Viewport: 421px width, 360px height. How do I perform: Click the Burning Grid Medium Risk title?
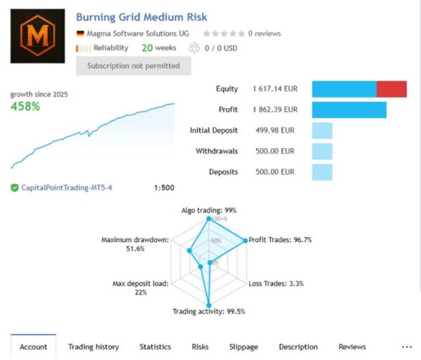coord(141,17)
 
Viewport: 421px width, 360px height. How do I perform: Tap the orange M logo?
coord(40,34)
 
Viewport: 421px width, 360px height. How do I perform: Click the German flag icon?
coord(80,33)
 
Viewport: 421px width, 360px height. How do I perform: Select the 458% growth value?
coord(25,107)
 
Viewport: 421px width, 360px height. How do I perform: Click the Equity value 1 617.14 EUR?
coord(275,89)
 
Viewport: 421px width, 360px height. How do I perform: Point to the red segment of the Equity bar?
coord(392,89)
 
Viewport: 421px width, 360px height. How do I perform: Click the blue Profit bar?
coord(349,110)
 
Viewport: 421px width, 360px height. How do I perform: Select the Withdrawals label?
coord(216,151)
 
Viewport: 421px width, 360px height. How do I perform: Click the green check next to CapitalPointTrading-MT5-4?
coord(15,188)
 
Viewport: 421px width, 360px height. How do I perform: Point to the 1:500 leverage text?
coord(163,188)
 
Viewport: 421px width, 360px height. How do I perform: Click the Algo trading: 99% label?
coord(208,210)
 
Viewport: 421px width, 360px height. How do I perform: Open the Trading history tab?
coord(93,347)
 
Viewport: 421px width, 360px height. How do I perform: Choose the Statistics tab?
coord(155,347)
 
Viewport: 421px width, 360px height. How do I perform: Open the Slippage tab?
coord(243,347)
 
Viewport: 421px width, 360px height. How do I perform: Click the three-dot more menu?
coord(406,347)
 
